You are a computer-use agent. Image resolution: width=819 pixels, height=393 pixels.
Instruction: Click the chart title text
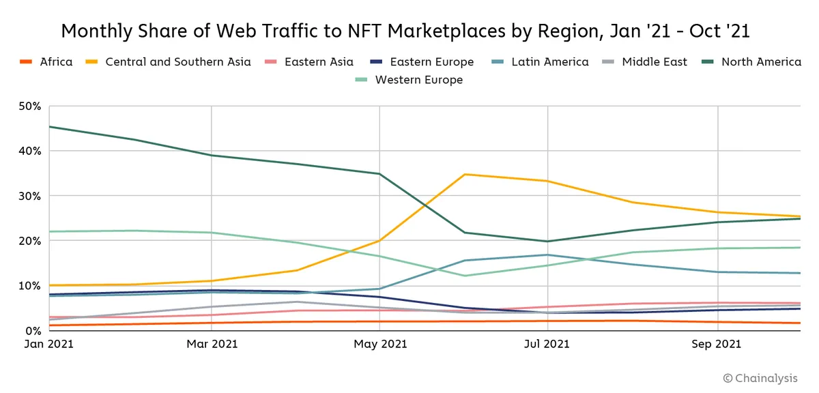406,31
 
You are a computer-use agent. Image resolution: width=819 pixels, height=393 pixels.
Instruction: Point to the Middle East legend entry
655,62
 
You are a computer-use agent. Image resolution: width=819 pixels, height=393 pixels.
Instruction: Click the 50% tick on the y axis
30,106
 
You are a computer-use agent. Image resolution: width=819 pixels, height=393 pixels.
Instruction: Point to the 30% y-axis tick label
30,196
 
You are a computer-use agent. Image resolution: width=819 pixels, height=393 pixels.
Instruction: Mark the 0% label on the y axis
33,331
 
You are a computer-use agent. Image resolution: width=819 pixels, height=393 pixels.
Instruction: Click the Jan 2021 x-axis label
49,345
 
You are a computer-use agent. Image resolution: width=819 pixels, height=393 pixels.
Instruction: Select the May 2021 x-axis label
379,345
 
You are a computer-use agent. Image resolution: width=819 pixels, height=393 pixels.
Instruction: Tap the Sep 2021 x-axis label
717,345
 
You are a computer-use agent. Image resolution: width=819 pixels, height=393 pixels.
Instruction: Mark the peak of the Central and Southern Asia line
465,174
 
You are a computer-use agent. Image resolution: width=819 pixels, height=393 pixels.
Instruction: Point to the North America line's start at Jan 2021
50,126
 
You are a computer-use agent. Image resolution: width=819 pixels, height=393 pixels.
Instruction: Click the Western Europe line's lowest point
465,276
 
